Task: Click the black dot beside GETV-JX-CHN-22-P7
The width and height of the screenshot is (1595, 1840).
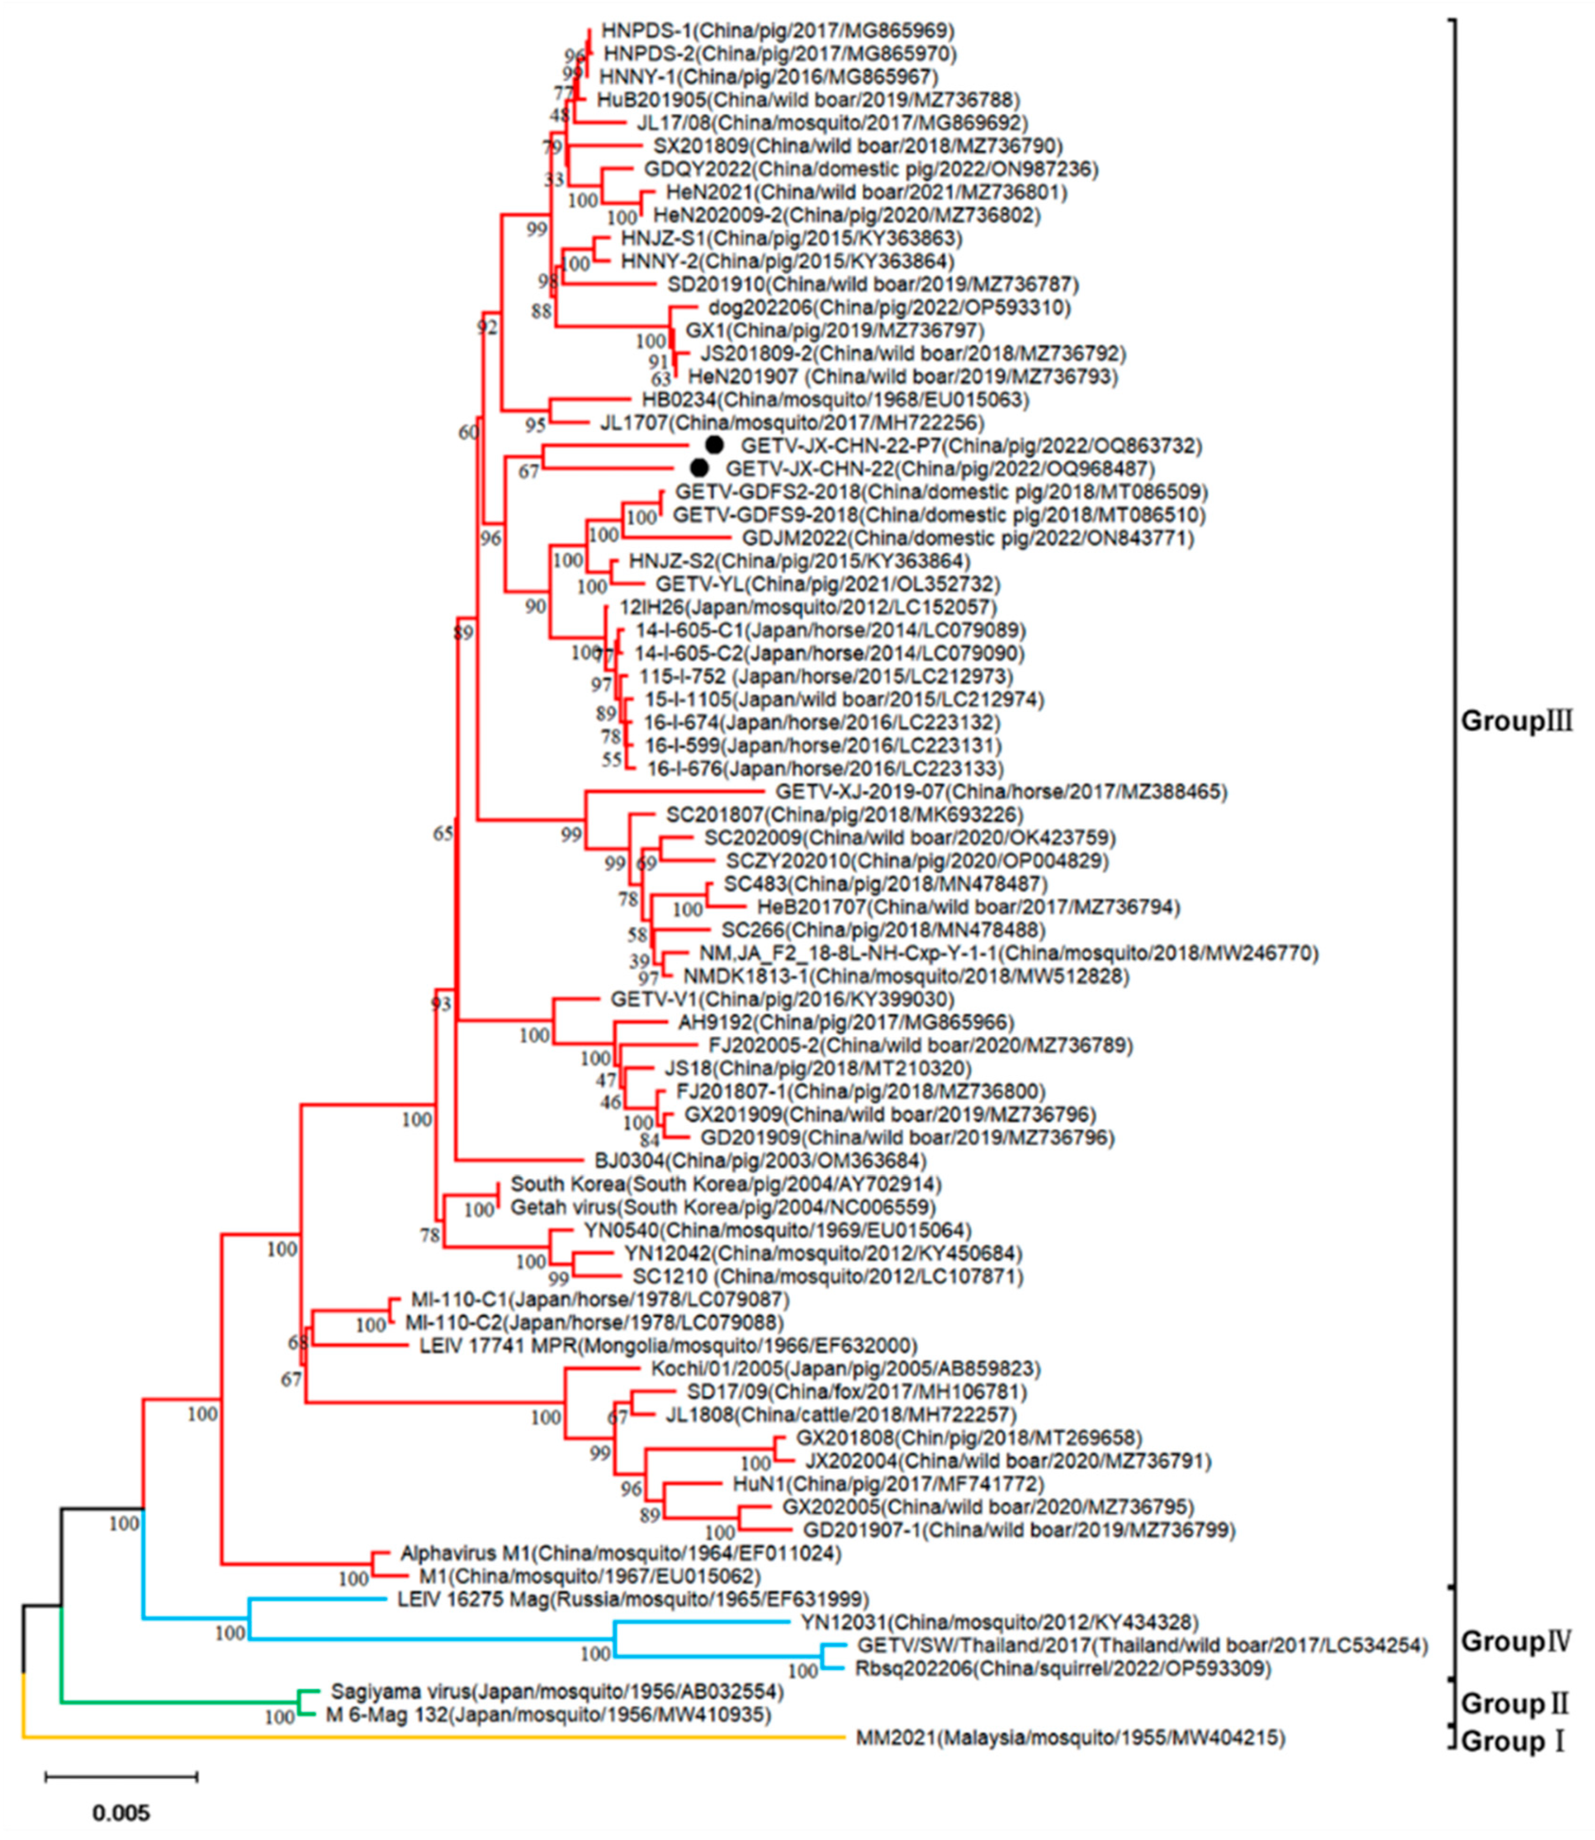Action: coord(714,444)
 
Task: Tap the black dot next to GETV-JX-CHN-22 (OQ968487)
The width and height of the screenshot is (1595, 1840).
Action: coord(700,467)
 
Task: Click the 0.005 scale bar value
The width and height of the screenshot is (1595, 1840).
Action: coord(122,1812)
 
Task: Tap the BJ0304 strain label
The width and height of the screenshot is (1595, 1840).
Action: coord(760,1161)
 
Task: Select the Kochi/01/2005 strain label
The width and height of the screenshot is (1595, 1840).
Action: coord(846,1368)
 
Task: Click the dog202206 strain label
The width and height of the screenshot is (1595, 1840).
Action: coord(889,308)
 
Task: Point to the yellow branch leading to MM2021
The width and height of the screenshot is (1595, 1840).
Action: coord(427,1736)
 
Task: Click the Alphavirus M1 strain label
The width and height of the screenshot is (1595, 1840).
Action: coord(620,1553)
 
